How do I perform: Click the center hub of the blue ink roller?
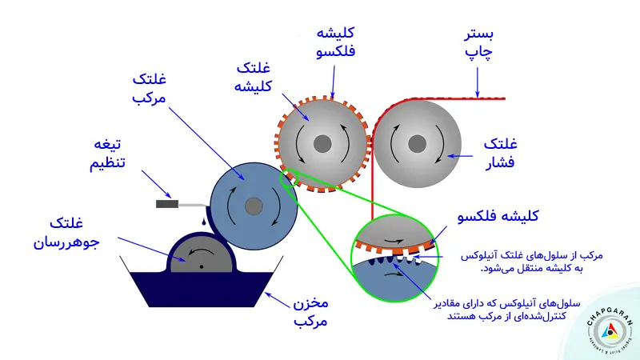click(254, 206)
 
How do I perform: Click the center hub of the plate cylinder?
click(322, 144)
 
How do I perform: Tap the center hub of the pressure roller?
click(416, 144)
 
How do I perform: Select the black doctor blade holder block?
click(166, 204)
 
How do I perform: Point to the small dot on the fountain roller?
click(202, 265)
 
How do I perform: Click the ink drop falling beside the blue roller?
click(206, 222)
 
